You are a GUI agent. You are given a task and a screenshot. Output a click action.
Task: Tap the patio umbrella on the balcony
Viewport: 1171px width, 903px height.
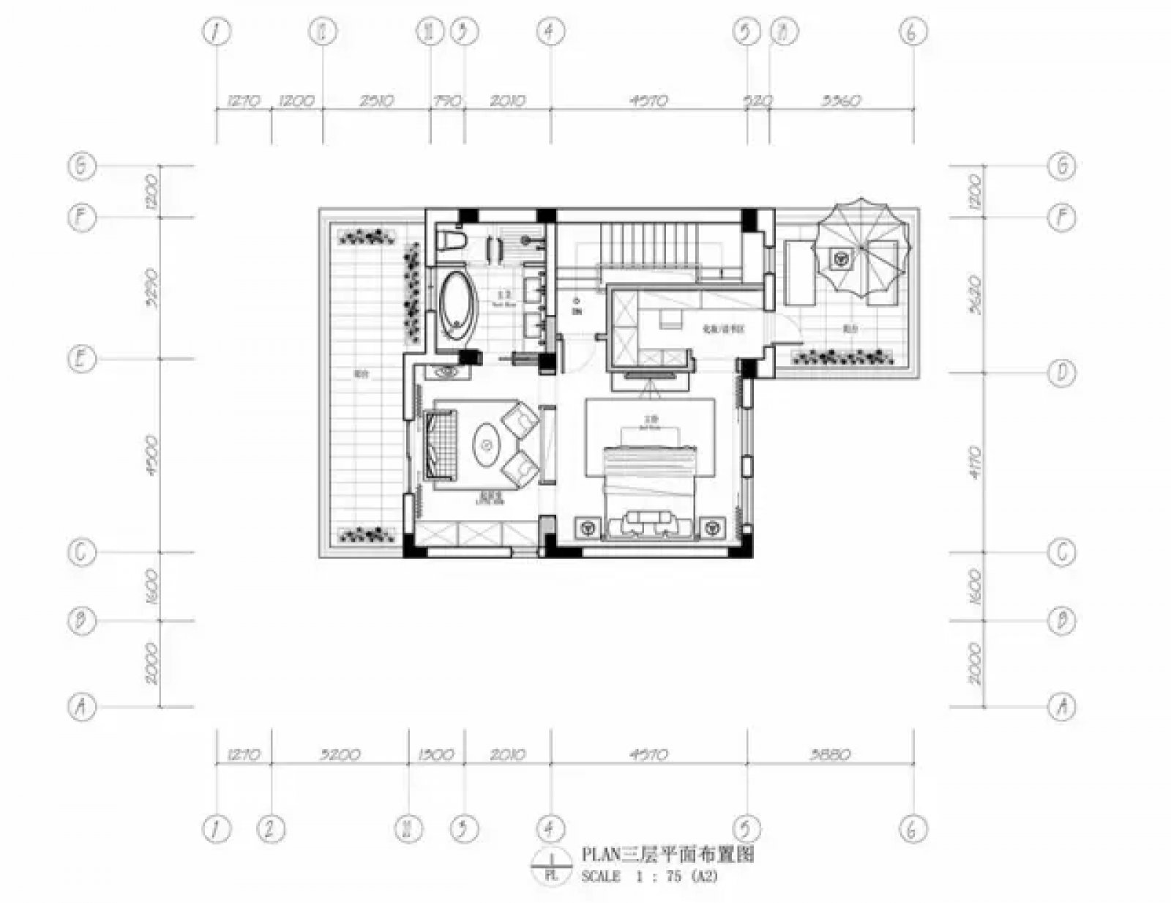pos(862,247)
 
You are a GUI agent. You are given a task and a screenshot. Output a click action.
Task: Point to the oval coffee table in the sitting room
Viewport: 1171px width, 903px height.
pos(487,443)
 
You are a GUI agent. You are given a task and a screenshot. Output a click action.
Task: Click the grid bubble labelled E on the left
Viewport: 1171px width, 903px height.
pos(82,359)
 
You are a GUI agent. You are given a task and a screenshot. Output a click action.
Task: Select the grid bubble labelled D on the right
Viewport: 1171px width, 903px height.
pos(1061,373)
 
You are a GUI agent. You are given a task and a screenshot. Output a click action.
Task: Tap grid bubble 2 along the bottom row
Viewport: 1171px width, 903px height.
pos(271,830)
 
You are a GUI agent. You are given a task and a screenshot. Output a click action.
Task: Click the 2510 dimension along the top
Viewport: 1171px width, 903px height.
pos(376,100)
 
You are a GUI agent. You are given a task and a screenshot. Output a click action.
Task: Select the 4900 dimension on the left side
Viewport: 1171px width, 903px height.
pos(152,456)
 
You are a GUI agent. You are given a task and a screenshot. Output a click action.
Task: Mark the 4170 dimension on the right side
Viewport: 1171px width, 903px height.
pos(974,461)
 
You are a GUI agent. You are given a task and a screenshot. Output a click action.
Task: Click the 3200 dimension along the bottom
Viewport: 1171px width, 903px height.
pos(340,754)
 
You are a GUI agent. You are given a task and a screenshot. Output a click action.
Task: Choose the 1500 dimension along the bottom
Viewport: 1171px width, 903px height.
pos(436,754)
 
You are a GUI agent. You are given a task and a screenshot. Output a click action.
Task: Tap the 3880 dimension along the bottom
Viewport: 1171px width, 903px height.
pos(830,754)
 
